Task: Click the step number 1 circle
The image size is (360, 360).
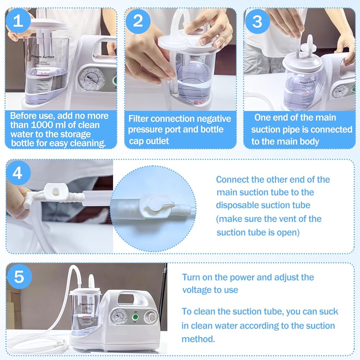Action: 18,21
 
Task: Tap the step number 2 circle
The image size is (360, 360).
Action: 138,21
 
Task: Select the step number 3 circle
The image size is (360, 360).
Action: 257,21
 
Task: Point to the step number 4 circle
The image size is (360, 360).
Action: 18,173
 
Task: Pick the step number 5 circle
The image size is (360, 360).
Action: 19,276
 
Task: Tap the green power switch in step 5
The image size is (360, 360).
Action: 135,317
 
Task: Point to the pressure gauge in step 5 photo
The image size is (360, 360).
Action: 119,317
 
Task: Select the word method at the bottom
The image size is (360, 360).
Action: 198,339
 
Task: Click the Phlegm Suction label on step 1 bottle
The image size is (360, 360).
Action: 43,57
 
